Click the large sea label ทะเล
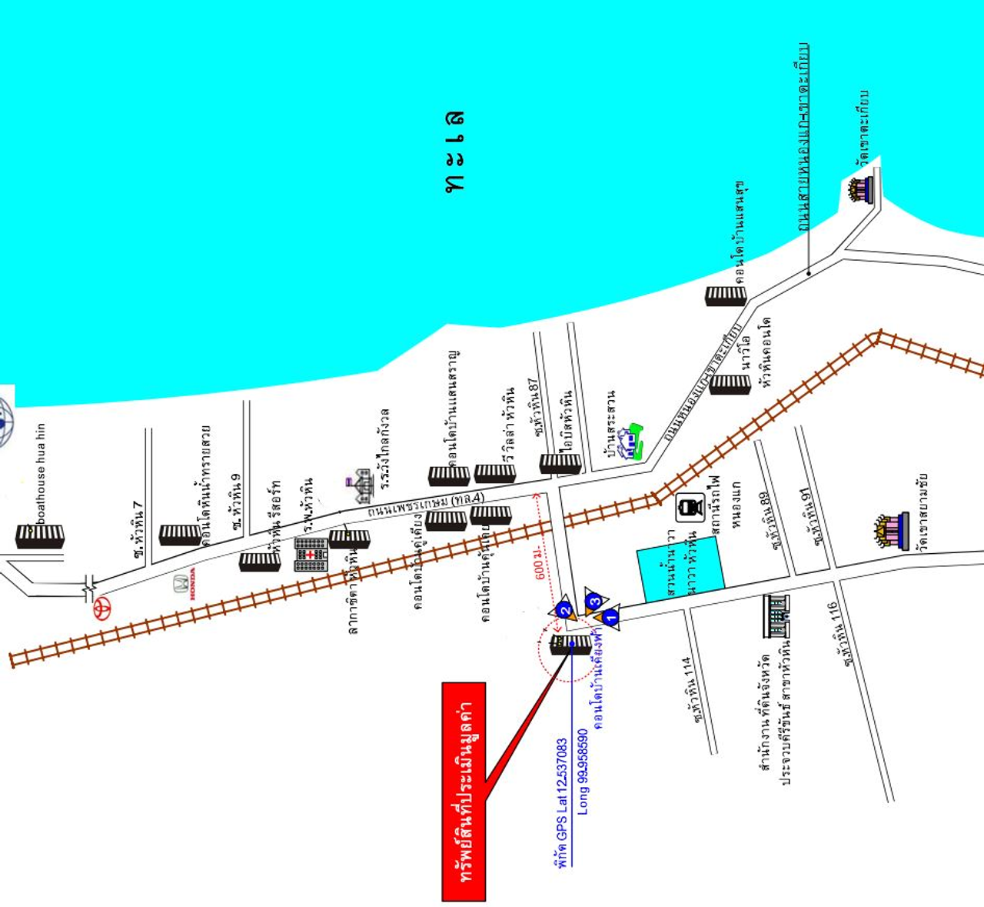point(455,152)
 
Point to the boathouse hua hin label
point(40,473)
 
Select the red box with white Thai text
point(464,791)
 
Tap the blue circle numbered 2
point(565,611)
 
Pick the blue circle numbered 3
point(593,601)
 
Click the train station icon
point(687,508)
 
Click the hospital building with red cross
point(311,554)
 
